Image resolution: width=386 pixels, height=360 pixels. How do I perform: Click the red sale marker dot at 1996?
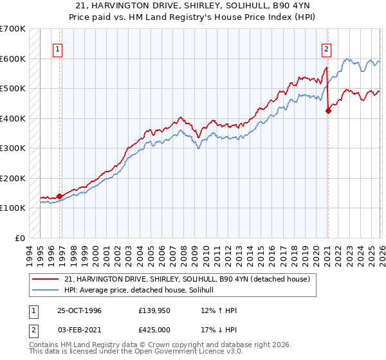[x=60, y=196]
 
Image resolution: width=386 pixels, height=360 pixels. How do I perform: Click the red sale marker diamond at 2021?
[x=328, y=111]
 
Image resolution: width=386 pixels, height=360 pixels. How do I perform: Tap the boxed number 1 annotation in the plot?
[x=58, y=48]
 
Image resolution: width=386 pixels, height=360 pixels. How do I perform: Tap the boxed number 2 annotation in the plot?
[x=326, y=48]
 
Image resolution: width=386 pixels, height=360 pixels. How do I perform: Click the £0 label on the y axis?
[x=20, y=238]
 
